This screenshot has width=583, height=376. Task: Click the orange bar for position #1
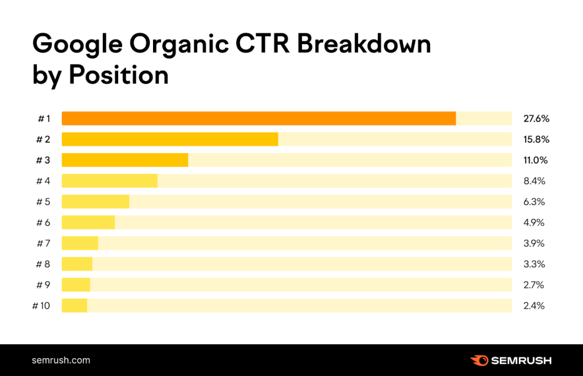pos(259,119)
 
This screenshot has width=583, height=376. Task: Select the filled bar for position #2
pos(169,139)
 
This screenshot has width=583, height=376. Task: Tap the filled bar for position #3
pos(125,160)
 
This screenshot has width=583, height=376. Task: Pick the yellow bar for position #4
pos(109,181)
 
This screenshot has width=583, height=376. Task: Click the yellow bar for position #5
pos(95,202)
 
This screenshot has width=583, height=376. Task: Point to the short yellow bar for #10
pos(75,306)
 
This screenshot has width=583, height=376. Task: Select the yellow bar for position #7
pos(80,243)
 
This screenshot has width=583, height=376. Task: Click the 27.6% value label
pos(536,119)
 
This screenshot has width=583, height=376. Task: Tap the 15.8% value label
pos(536,139)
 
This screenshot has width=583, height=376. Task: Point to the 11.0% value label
pos(536,160)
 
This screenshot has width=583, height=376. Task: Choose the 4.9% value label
pos(534,222)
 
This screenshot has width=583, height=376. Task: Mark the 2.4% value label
pos(534,306)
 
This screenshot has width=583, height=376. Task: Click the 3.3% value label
pos(534,265)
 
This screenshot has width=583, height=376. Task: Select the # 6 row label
pos(43,222)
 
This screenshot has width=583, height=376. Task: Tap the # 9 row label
pos(43,285)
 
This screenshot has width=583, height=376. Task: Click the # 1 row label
pos(44,119)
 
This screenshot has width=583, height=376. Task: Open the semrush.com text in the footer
pos(61,360)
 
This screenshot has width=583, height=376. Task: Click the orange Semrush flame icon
pos(479,360)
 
